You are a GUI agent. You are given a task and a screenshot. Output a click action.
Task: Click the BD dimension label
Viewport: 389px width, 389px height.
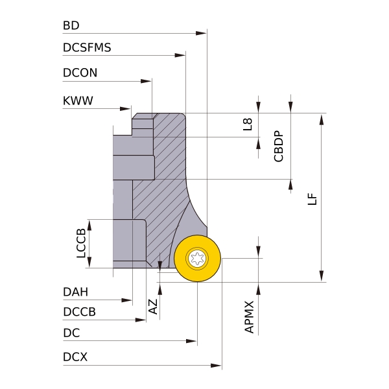pos(71,26)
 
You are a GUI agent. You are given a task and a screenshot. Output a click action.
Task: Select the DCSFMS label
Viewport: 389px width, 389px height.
pos(87,47)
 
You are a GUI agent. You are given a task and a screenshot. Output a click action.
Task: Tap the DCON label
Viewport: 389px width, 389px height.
pos(80,73)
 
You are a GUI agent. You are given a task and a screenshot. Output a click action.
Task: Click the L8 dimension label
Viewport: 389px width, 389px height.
pos(248,124)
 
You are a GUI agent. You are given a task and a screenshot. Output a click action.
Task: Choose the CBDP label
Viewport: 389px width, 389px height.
pos(279,147)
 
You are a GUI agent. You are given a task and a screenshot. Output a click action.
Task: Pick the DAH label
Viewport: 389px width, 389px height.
pos(76,292)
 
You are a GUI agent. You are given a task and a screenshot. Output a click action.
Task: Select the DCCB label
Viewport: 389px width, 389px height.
pos(80,312)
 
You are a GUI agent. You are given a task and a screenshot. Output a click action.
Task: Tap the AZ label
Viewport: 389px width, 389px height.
pos(154,307)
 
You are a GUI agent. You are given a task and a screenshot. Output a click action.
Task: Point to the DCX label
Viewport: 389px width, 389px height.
pos(75,357)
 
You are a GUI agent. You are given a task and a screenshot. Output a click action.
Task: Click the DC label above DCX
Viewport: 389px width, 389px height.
pos(71,333)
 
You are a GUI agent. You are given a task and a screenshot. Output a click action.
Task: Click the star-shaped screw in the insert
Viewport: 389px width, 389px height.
pos(197,259)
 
